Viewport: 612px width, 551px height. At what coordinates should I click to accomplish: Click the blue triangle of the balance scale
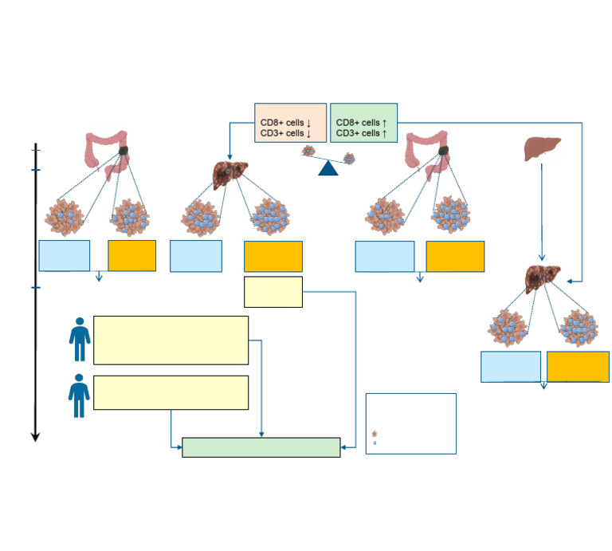click(328, 167)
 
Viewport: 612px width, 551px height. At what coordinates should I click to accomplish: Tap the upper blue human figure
click(79, 340)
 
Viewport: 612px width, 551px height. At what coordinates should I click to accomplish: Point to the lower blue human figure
click(79, 396)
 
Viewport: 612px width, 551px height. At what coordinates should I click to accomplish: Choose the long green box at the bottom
click(261, 447)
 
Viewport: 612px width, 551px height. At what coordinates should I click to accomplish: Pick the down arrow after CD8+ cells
click(308, 123)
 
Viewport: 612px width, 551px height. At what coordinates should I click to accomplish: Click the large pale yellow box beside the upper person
click(171, 340)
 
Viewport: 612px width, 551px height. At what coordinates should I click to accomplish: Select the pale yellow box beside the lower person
click(171, 392)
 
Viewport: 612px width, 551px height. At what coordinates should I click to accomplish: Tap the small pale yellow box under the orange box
click(273, 292)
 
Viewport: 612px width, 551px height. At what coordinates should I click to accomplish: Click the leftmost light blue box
click(65, 256)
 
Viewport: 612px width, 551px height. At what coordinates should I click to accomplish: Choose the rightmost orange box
click(578, 367)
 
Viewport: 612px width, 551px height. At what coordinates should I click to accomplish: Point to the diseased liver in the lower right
click(543, 279)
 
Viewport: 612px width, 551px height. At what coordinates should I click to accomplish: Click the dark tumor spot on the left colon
click(124, 150)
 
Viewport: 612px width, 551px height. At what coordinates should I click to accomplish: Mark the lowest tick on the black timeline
click(35, 287)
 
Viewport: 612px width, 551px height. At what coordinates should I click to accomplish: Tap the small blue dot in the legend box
click(375, 443)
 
